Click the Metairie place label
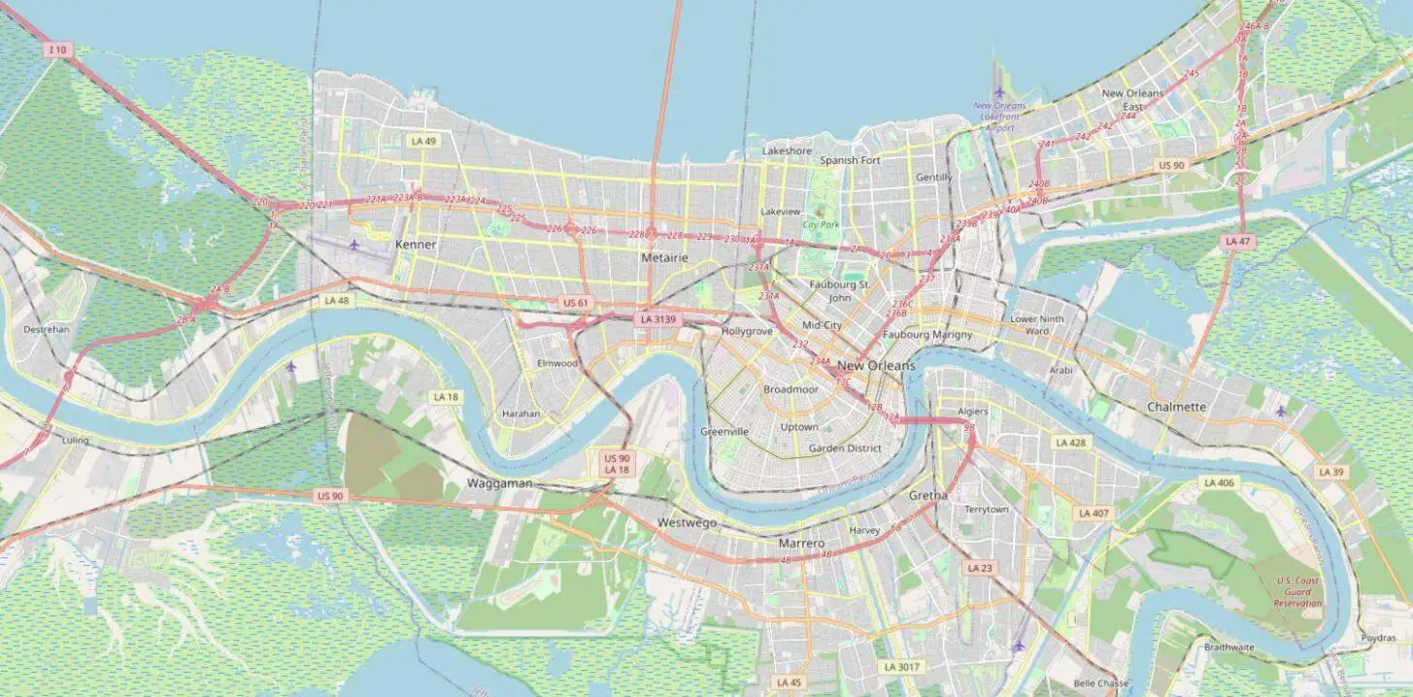[x=664, y=258]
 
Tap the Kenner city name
[x=416, y=245]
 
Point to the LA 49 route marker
[x=423, y=141]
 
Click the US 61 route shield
[x=576, y=303]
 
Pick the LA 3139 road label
[x=658, y=318]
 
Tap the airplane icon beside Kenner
[x=353, y=244]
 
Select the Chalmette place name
[x=1176, y=407]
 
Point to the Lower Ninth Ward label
[x=1036, y=324]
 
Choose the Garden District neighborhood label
[x=845, y=448]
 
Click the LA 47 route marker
[x=1237, y=241]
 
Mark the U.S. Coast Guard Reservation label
[x=1298, y=592]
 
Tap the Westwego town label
[x=687, y=522]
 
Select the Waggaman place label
[x=499, y=482]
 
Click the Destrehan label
[x=46, y=329]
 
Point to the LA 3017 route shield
[x=900, y=667]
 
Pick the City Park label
[x=821, y=224]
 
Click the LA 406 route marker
[x=1219, y=482]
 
